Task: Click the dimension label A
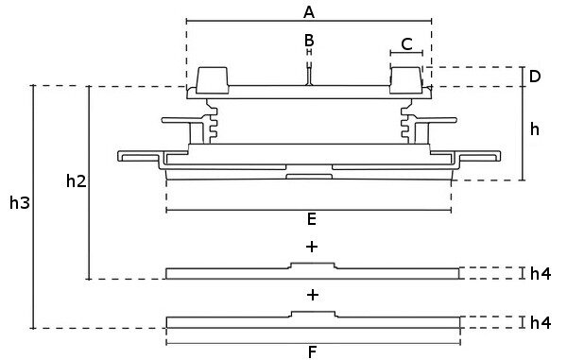pos(309,12)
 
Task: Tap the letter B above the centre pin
pos(309,40)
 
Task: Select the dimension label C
pos(406,44)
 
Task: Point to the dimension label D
pos(535,77)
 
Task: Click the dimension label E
pos(311,219)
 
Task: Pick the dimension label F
pos(313,352)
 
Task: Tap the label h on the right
pos(535,129)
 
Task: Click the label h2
pos(77,180)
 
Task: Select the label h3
pos(20,203)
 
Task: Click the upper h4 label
pos(541,274)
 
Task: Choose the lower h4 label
pos(541,323)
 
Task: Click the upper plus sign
pos(312,247)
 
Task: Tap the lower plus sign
pos(313,296)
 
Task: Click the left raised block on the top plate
pos(213,80)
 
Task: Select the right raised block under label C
pos(406,80)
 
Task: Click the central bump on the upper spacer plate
pos(313,266)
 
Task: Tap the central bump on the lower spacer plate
pos(313,315)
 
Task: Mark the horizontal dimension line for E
pos(309,210)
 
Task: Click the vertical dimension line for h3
pos(33,207)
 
